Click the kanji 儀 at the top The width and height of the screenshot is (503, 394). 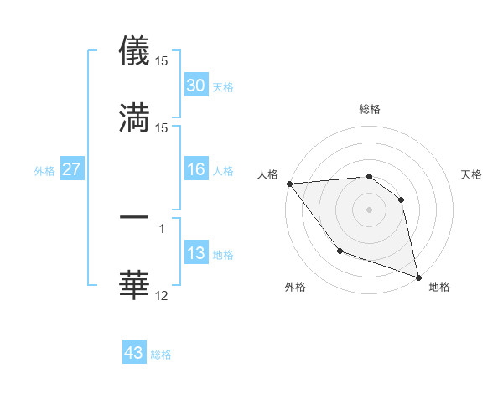135,50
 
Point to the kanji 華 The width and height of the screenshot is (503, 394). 135,284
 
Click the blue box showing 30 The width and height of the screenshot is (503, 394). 196,86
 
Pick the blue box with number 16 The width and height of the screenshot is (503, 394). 196,169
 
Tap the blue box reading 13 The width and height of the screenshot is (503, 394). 196,253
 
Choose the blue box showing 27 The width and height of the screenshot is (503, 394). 71,169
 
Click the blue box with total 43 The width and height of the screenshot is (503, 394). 134,353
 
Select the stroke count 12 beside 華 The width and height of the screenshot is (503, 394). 162,295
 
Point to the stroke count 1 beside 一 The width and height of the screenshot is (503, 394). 161,228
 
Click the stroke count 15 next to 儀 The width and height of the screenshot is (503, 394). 162,61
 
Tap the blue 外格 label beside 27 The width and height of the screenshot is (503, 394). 44,170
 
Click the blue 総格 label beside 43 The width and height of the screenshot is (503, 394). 161,355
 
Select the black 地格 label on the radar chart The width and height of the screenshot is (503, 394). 439,287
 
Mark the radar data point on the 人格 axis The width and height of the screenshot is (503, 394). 288,184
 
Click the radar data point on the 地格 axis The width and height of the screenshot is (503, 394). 417,276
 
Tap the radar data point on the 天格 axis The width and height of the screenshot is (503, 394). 402,200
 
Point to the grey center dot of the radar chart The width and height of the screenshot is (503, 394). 369,210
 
